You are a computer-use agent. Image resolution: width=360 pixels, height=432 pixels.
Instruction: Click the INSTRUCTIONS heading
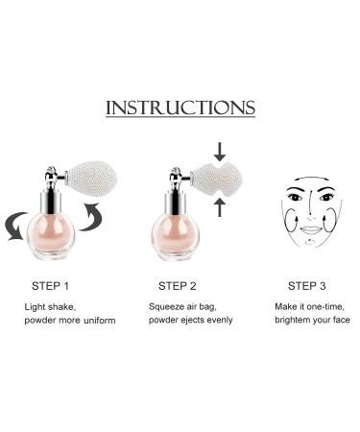(180, 107)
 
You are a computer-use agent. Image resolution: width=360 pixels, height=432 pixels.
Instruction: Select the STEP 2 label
(179, 284)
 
